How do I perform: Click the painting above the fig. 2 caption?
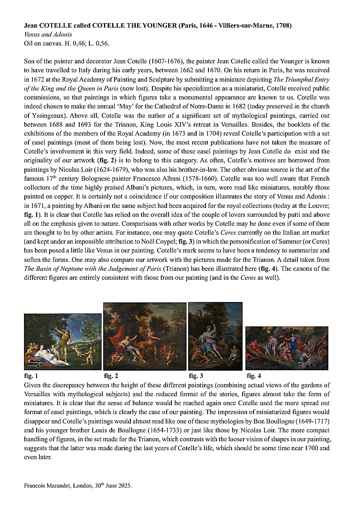tap(145, 336)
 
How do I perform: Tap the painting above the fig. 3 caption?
tap(215, 336)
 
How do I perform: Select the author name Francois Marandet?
tap(46, 486)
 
